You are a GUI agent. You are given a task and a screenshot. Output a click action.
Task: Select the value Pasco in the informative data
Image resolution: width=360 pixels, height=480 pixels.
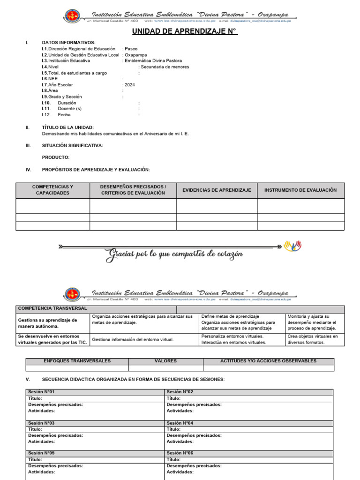click(x=131, y=49)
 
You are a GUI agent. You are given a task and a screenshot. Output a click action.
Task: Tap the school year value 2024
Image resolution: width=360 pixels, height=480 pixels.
click(x=130, y=85)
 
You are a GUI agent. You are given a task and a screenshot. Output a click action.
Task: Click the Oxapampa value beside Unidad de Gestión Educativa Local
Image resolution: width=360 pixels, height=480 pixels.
click(x=135, y=55)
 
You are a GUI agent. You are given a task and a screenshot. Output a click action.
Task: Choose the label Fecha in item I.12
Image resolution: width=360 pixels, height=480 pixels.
click(x=64, y=115)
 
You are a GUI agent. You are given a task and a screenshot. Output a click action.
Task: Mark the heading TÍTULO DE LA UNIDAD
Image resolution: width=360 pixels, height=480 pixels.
click(x=67, y=127)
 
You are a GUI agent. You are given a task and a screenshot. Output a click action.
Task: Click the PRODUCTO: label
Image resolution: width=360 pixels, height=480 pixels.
click(x=55, y=157)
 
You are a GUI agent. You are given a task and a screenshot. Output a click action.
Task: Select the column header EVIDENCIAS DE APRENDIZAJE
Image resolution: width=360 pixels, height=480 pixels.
click(x=217, y=190)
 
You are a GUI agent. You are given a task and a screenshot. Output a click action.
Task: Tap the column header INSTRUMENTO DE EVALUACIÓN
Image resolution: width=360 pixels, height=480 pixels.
click(x=300, y=190)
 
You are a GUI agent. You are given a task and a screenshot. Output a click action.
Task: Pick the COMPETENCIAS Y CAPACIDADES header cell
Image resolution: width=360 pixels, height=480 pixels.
click(x=52, y=190)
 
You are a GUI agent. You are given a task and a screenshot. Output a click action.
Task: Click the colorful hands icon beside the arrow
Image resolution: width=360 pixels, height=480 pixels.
click(x=293, y=246)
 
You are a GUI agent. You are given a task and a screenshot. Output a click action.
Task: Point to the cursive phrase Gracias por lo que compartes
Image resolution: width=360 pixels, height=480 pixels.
click(x=174, y=255)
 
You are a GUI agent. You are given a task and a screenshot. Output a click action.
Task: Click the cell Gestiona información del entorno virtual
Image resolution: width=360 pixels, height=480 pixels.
click(x=133, y=339)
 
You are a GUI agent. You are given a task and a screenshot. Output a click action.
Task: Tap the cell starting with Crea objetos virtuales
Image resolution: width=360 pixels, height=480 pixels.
click(x=312, y=339)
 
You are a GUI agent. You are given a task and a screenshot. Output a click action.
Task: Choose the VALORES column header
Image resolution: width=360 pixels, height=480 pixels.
click(x=165, y=361)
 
